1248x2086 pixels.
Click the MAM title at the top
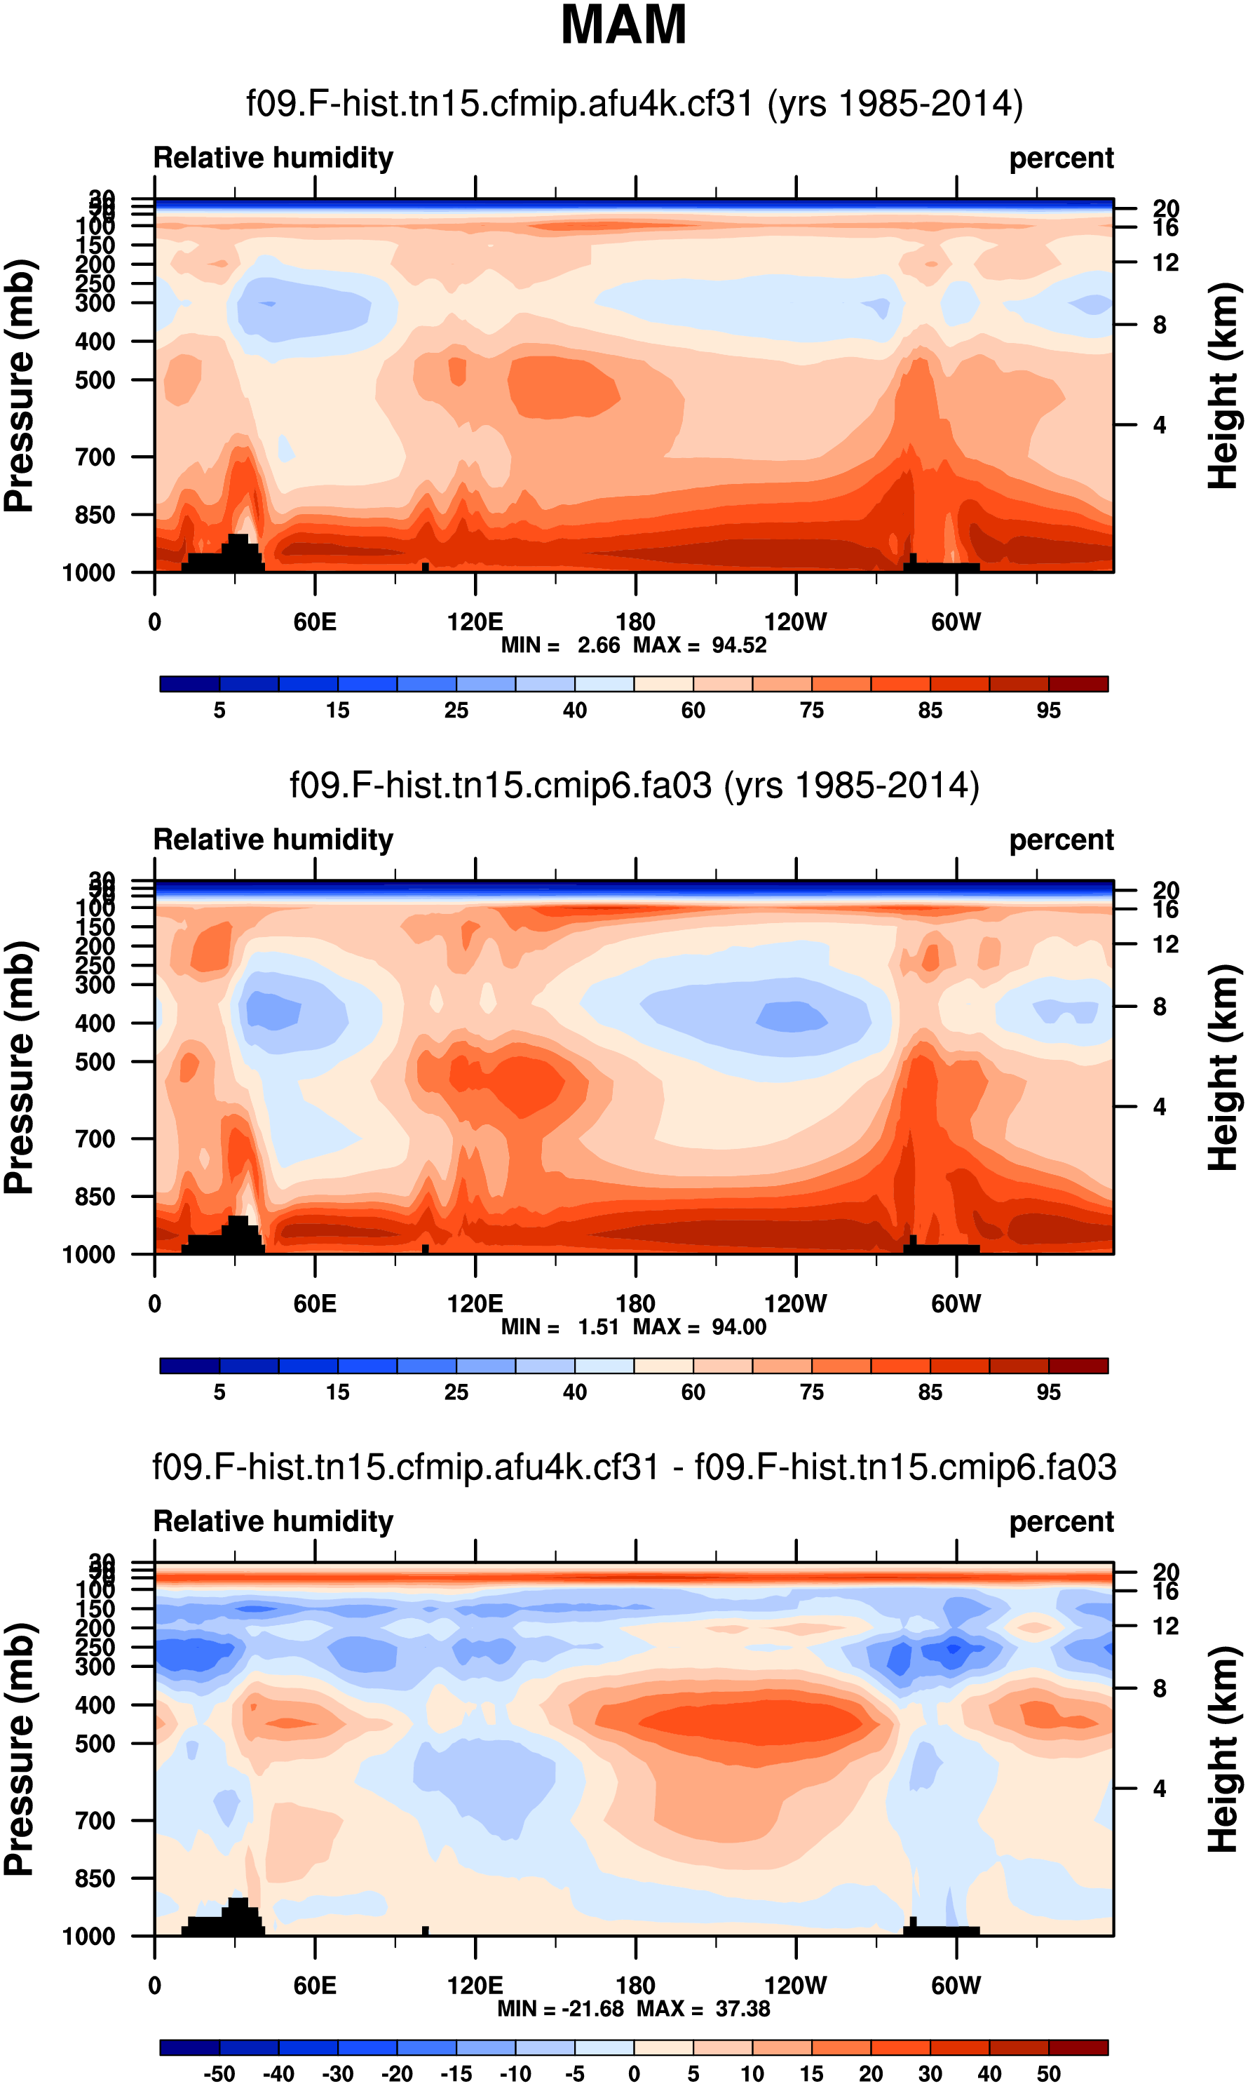coord(623,25)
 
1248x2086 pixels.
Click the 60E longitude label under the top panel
coord(315,621)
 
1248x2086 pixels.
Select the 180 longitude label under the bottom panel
coord(635,1985)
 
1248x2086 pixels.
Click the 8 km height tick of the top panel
coord(1159,325)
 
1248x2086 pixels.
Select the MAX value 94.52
coord(739,645)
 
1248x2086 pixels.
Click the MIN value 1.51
coord(598,1326)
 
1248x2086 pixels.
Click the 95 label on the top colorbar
coord(1048,711)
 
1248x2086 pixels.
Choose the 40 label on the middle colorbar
coord(574,1392)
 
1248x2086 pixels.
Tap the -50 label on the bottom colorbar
coord(219,2074)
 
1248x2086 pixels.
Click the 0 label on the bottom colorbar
coord(634,2074)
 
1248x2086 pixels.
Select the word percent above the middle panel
coord(1062,840)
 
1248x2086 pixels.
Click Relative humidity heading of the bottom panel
coord(273,1521)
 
